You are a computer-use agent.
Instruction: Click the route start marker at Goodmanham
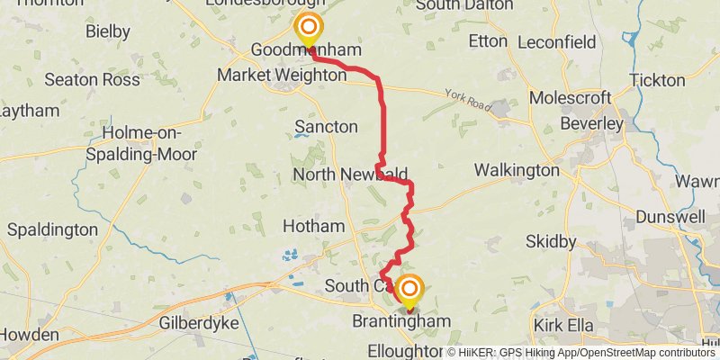308,28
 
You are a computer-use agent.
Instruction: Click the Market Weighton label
285,76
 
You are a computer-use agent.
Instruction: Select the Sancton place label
326,127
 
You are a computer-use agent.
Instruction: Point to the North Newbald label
351,174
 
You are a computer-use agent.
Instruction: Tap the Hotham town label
314,226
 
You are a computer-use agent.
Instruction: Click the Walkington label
517,170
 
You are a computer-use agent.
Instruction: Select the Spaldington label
52,229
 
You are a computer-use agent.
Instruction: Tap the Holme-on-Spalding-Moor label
149,144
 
